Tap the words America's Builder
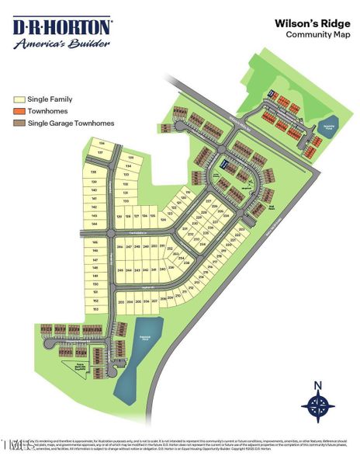pos(61,43)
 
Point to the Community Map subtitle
pos(315,35)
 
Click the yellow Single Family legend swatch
pos(19,99)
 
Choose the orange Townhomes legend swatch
pos(19,111)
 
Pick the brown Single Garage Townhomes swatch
pos(19,123)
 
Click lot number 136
pos(102,144)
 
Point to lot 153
pos(95,309)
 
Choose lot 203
pos(120,301)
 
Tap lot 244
pos(120,246)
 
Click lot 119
pos(187,191)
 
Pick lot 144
pos(95,224)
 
